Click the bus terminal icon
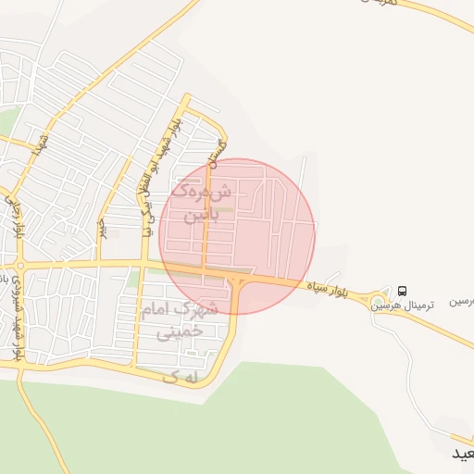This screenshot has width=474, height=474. click(x=401, y=290)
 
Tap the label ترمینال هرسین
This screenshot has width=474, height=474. click(x=397, y=305)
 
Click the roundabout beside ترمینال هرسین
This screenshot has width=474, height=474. click(x=380, y=296)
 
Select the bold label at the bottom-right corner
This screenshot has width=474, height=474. click(x=461, y=454)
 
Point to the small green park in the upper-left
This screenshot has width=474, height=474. click(x=9, y=120)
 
